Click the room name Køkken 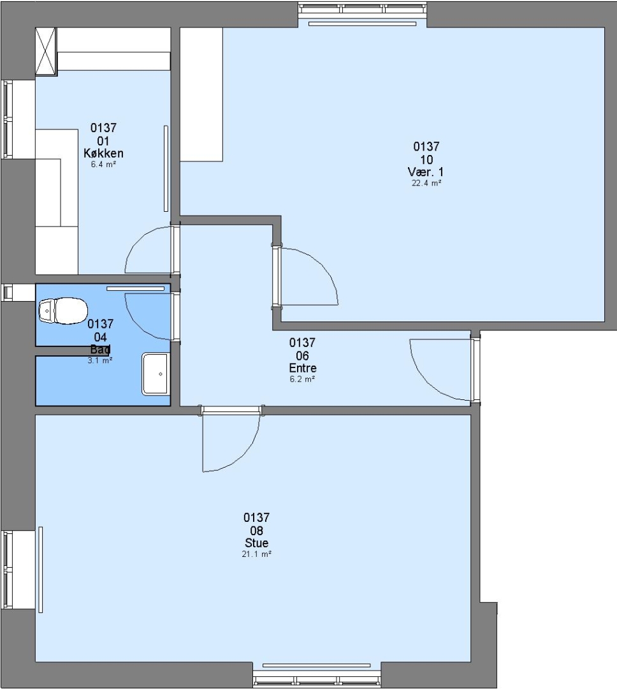coord(103,153)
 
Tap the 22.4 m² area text coord(426,183)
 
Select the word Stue coord(256,543)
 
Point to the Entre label coord(303,368)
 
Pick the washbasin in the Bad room coord(155,373)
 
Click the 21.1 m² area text coord(256,554)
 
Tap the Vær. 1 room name coord(426,172)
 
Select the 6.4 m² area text coord(103,165)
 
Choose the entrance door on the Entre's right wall coord(475,369)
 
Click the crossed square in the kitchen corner coord(46,52)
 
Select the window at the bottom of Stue coord(317,679)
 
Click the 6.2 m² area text coord(302,379)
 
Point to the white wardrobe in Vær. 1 coord(201,94)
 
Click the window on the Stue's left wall coord(8,570)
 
